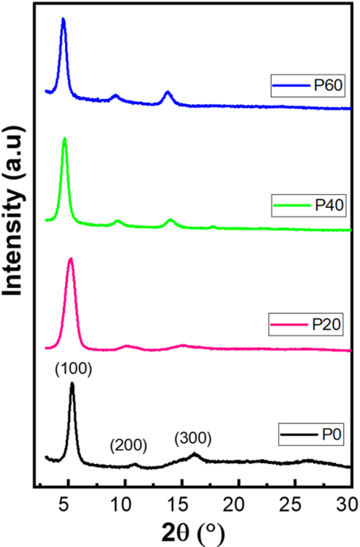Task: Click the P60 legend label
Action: [328, 85]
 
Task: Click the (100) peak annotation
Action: [74, 370]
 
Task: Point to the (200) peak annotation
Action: [128, 446]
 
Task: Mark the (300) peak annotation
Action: [193, 437]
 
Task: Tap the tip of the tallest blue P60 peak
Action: [63, 19]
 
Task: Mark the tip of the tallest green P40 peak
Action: [64, 139]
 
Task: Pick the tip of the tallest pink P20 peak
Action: [70, 259]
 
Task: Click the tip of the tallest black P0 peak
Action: [72, 384]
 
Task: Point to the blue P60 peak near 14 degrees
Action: [168, 92]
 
